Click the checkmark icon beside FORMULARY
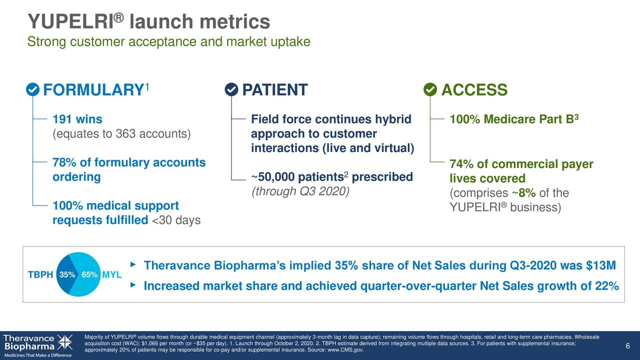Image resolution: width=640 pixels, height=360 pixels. click(x=32, y=89)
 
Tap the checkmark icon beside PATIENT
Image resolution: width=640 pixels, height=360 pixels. click(x=231, y=89)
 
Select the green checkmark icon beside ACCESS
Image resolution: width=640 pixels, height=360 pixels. click(x=430, y=89)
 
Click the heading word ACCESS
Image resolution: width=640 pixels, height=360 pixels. click(x=474, y=89)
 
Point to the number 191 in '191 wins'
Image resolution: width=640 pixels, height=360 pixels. click(x=62, y=119)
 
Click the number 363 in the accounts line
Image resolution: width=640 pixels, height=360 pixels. click(x=125, y=133)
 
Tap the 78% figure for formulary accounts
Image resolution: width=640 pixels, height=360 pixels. click(x=64, y=162)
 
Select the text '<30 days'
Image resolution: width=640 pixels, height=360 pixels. click(x=176, y=220)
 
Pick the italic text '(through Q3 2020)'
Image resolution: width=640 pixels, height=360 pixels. click(x=300, y=191)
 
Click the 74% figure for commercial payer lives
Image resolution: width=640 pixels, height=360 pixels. click(x=461, y=164)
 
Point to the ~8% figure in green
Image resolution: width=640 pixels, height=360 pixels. click(x=523, y=193)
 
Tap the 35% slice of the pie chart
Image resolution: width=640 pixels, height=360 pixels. click(x=66, y=274)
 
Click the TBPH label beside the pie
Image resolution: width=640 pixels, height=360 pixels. click(x=40, y=275)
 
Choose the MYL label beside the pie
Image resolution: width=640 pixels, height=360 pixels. click(x=111, y=275)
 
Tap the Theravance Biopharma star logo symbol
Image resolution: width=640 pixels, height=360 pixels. click(x=65, y=342)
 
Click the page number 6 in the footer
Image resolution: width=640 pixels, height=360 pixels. click(x=627, y=346)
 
